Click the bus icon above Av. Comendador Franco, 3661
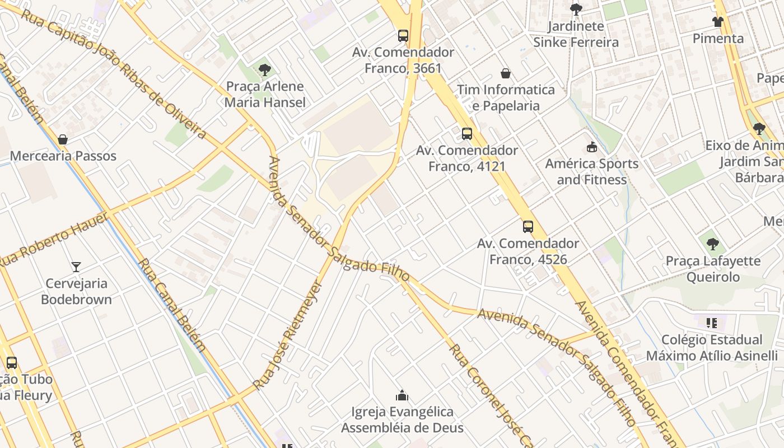point(403,36)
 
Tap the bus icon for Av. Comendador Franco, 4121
point(466,134)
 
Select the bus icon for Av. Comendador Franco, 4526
point(528,227)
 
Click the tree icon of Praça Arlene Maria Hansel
point(265,70)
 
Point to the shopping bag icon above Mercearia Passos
point(63,139)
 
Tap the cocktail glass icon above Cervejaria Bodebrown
point(76,267)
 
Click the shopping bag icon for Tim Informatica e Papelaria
point(506,73)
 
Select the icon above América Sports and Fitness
point(591,147)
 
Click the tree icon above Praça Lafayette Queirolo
point(712,244)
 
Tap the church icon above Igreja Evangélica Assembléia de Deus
point(402,396)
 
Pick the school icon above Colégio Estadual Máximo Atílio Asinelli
point(712,323)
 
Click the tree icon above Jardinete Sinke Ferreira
point(575,10)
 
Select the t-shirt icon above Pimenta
point(718,22)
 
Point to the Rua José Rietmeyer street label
point(288,336)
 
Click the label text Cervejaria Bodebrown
point(76,291)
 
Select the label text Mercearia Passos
point(63,156)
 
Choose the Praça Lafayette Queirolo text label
point(713,269)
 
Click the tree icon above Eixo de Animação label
point(759,129)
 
